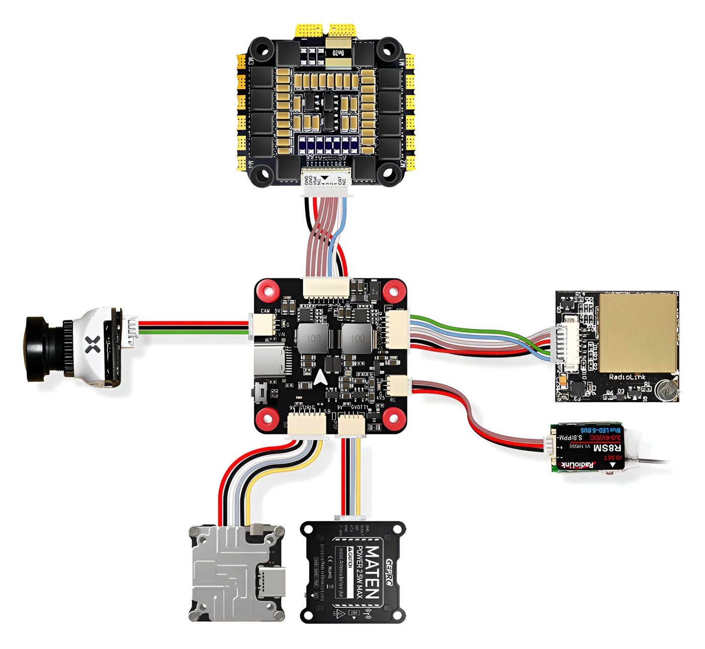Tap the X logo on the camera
(93, 345)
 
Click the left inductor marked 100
(313, 339)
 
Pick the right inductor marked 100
(357, 339)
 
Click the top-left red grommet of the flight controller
(268, 291)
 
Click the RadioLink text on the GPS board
(627, 377)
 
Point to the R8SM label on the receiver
(607, 447)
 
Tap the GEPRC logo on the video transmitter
(391, 571)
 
